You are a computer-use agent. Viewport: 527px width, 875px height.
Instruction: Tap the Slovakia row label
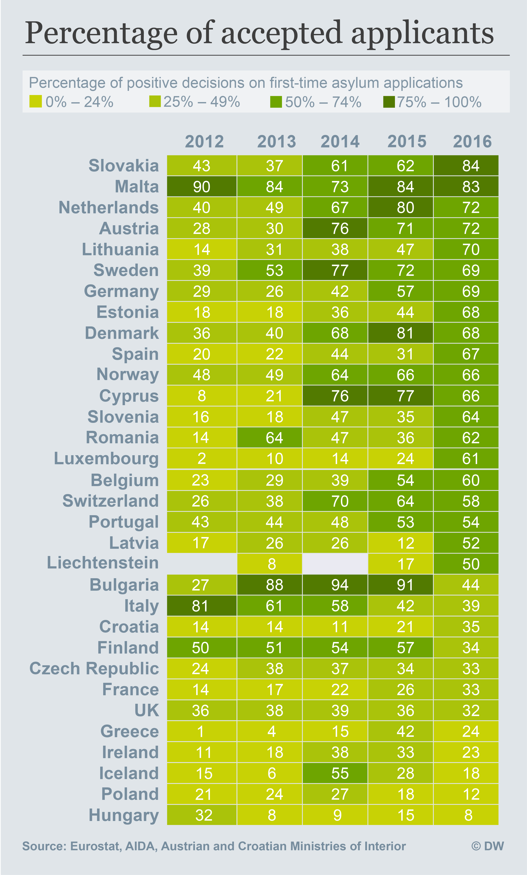coord(124,165)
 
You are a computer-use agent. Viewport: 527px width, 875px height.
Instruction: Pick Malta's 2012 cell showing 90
coord(202,187)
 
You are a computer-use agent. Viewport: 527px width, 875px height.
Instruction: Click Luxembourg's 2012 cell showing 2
coord(202,459)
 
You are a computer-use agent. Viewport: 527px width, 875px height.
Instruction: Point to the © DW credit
coord(488,846)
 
